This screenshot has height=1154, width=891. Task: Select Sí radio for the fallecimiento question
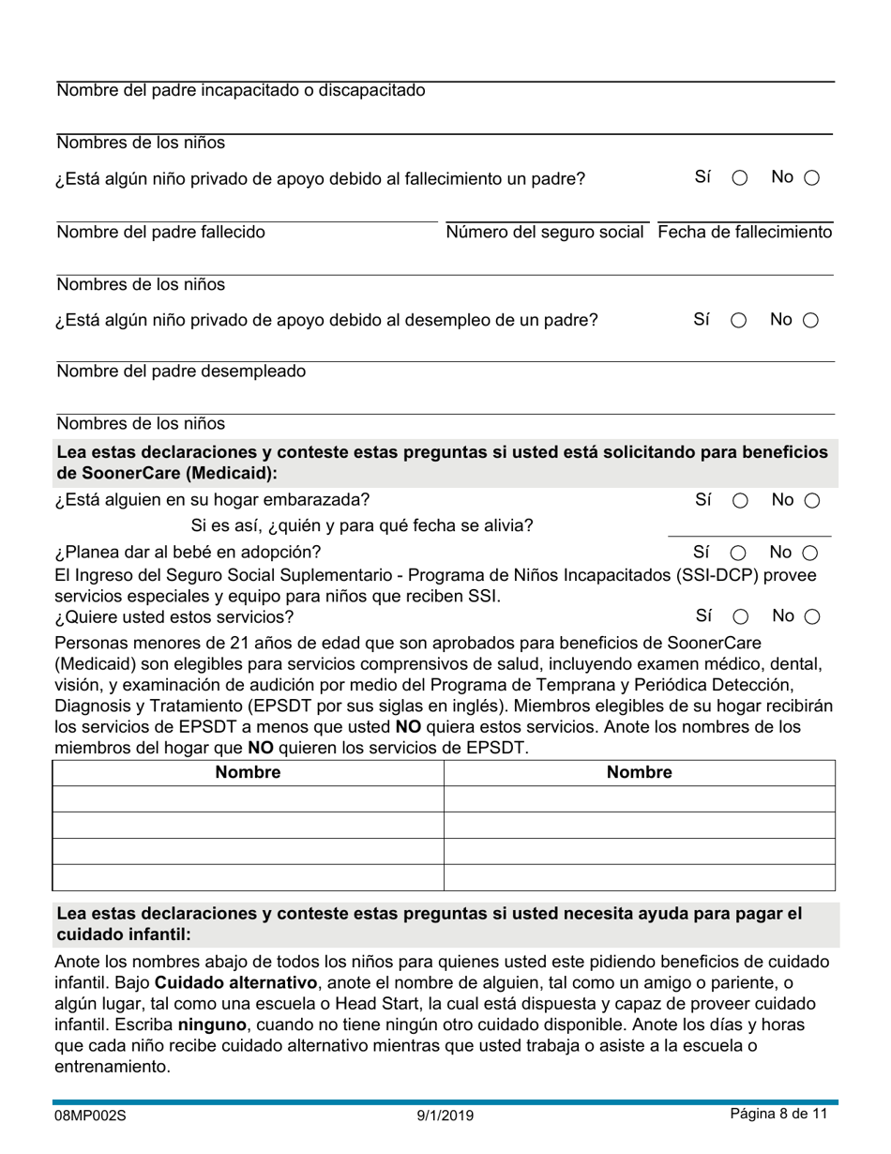tap(739, 178)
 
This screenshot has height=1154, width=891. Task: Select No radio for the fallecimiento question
tap(811, 178)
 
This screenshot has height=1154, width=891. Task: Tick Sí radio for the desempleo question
tap(739, 321)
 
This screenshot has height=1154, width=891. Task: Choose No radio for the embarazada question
tap(811, 501)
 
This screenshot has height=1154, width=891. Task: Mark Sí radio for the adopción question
tap(739, 554)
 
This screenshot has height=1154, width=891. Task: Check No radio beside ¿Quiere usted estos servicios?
tap(812, 617)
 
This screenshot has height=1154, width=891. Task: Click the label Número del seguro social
tap(545, 232)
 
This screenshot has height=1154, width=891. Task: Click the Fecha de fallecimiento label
tap(745, 232)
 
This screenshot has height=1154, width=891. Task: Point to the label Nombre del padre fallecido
tap(160, 232)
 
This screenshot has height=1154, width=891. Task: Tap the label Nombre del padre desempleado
tap(181, 371)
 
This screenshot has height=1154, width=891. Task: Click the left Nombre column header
tap(248, 772)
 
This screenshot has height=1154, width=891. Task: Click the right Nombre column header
tap(639, 772)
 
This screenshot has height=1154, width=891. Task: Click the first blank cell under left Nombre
tap(248, 798)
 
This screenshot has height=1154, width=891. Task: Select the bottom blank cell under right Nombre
tap(639, 877)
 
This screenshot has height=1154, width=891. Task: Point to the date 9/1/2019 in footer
tap(445, 1116)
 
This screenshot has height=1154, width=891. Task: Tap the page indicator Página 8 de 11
tap(778, 1115)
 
